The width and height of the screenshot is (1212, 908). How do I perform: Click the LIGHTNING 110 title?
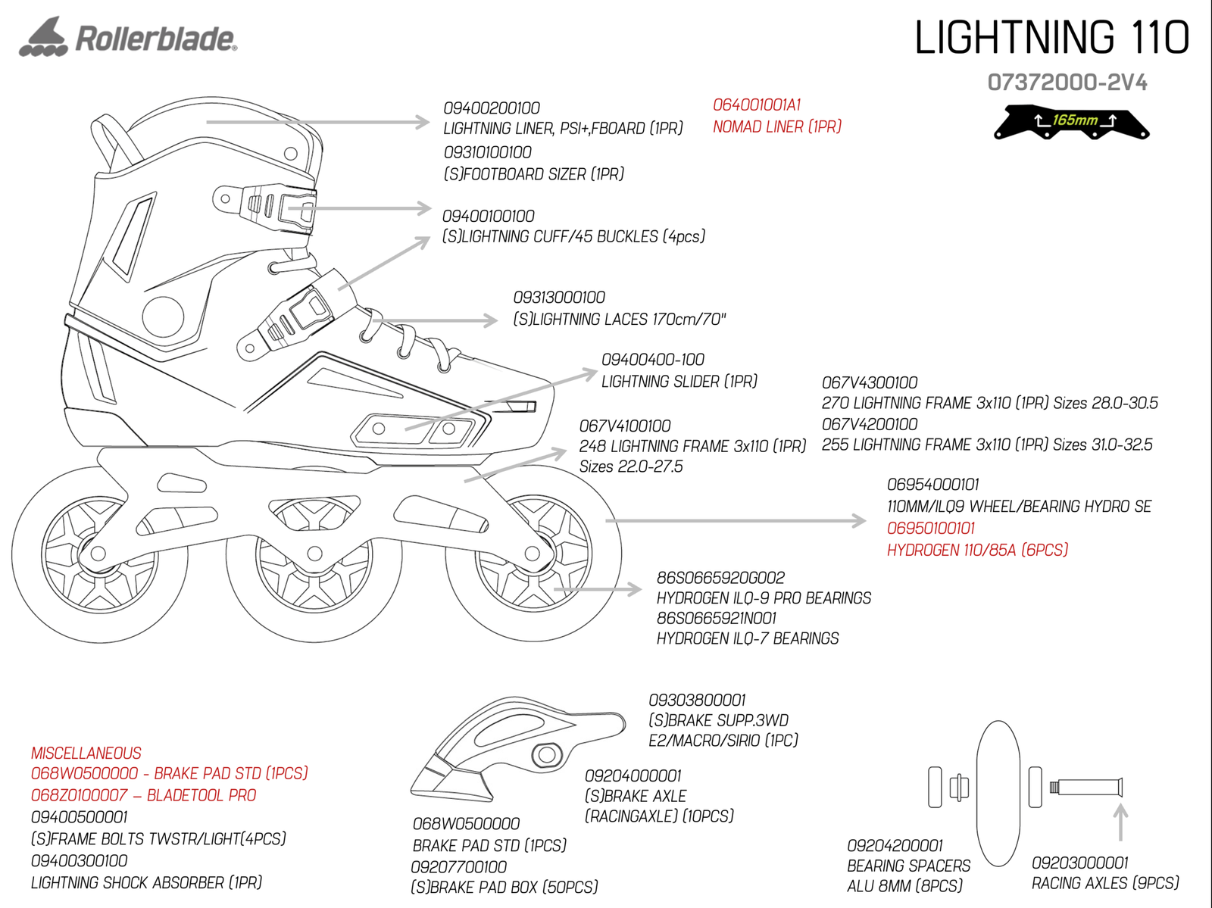pos(1051,37)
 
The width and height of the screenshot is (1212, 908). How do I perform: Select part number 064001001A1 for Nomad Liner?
pos(757,105)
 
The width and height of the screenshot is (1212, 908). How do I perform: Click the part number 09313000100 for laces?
pos(559,298)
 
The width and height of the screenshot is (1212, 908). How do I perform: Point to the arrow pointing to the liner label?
pos(318,121)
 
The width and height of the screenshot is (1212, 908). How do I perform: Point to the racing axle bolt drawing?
pos(1085,788)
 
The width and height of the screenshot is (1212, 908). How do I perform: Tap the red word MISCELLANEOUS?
pos(86,754)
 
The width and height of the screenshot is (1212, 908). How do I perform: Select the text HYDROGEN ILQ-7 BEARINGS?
pos(748,639)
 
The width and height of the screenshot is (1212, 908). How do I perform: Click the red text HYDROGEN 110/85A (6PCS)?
pos(977,551)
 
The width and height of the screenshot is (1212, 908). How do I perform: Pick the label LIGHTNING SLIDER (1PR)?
pos(679,382)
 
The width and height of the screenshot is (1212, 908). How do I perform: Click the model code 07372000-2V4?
pos(1067,83)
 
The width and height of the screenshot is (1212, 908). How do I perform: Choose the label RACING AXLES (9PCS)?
pos(1105,884)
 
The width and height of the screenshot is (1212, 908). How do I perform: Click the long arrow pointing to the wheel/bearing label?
pos(735,521)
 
